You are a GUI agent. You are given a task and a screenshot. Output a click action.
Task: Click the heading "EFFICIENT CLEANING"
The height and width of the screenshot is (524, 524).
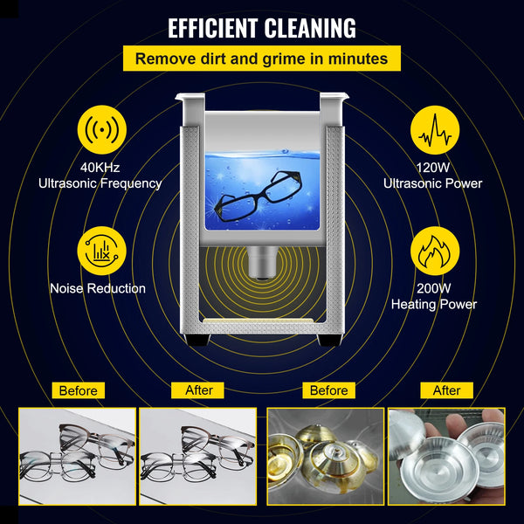click(262, 27)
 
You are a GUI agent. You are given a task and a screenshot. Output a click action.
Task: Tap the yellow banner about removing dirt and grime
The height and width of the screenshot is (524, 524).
click(262, 59)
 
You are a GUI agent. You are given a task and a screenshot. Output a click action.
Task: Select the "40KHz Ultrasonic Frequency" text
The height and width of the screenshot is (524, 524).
click(99, 176)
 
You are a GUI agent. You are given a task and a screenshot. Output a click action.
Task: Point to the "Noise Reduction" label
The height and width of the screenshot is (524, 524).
click(99, 287)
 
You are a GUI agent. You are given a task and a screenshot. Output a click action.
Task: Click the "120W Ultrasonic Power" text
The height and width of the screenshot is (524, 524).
click(433, 176)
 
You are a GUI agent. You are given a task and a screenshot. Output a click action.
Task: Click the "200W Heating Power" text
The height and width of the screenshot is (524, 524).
click(434, 296)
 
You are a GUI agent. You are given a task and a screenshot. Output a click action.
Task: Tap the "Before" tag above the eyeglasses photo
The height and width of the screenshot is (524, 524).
click(79, 390)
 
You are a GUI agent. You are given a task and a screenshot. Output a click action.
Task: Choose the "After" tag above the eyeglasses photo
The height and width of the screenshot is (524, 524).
click(199, 390)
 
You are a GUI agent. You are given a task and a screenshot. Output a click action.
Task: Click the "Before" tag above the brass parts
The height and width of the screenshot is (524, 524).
click(328, 390)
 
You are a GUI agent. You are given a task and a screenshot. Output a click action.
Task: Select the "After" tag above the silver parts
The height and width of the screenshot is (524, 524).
click(446, 390)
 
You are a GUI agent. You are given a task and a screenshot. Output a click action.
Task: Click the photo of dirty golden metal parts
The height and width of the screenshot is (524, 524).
click(326, 455)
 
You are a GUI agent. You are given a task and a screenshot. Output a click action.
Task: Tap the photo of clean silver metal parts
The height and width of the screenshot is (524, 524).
click(446, 455)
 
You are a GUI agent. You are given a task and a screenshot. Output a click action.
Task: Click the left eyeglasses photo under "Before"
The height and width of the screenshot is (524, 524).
click(78, 455)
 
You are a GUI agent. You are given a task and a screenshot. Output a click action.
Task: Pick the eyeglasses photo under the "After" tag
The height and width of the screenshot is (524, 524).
click(198, 455)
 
